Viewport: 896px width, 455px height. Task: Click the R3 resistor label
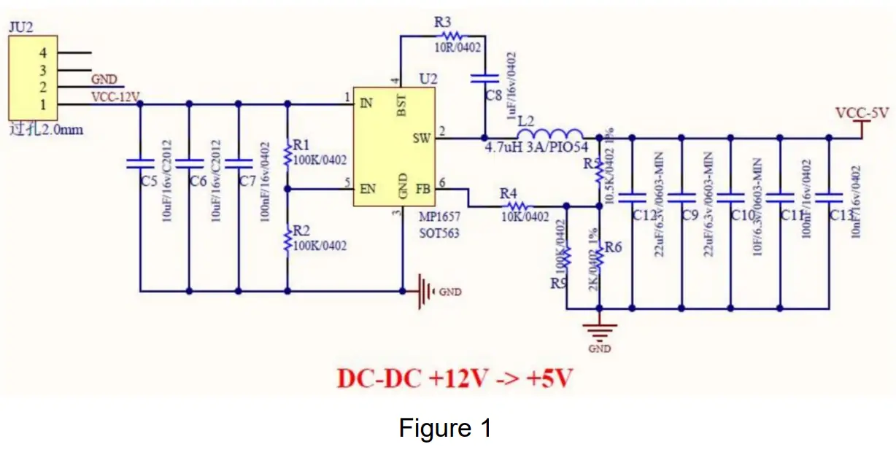[x=443, y=22]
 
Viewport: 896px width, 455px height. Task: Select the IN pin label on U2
[x=366, y=103]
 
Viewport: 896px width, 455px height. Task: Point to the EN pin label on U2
[x=367, y=189]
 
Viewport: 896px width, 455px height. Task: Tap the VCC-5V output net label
[x=862, y=114]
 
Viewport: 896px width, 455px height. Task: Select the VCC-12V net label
[x=115, y=96]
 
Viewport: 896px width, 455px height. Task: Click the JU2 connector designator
[x=20, y=27]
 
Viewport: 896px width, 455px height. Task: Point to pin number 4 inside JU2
[x=43, y=52]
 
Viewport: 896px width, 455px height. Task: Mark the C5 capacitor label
[x=148, y=181]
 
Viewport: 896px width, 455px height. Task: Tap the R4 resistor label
[x=509, y=193]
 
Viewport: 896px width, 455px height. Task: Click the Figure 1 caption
[x=444, y=428]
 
